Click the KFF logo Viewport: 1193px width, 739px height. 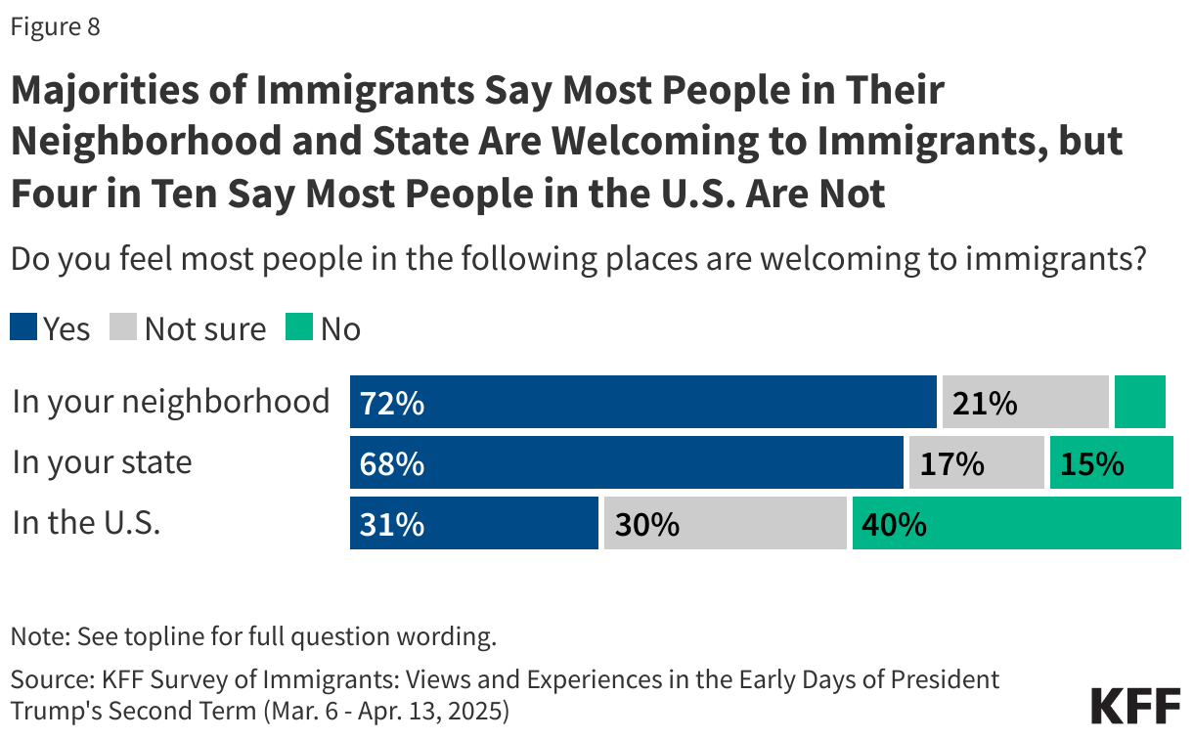[1133, 707]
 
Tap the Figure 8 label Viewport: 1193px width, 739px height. [56, 27]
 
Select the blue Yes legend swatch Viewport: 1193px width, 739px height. [23, 327]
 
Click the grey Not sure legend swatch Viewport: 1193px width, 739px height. [125, 327]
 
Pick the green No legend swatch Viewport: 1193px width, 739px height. [299, 327]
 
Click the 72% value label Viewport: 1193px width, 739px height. [392, 403]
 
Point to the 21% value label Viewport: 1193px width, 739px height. [985, 403]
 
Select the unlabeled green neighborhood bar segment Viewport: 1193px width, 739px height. [1139, 403]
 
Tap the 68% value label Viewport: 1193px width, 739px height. [392, 463]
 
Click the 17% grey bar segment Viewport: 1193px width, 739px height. [976, 463]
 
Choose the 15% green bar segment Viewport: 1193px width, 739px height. [1111, 463]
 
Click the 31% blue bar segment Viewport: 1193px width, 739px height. [473, 524]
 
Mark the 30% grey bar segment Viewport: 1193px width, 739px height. [725, 524]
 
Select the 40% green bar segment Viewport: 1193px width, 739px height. [1016, 524]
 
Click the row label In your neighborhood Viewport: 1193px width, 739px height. [171, 402]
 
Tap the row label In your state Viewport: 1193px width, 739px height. [102, 462]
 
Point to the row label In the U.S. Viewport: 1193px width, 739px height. [86, 523]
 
